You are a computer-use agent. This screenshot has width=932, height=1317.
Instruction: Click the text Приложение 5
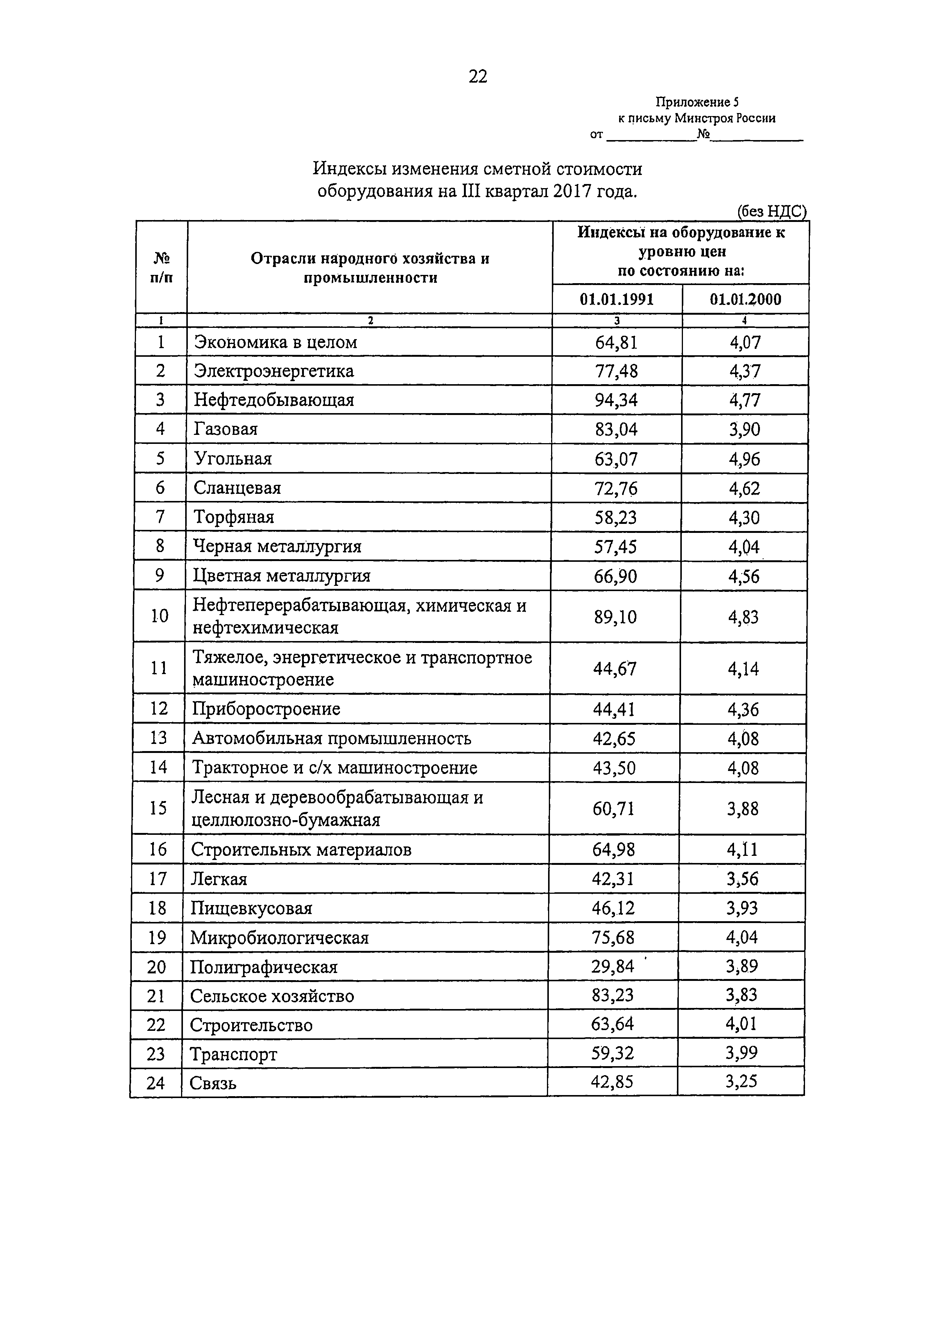tap(697, 102)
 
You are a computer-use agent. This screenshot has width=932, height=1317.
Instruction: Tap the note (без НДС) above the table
tap(771, 212)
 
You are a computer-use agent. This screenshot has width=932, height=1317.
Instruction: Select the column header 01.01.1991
tap(616, 299)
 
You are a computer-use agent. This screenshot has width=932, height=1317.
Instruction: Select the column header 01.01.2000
tap(745, 299)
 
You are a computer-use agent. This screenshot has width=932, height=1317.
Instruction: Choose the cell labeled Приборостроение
tap(266, 709)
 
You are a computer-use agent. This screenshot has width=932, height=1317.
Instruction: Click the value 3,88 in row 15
tap(743, 809)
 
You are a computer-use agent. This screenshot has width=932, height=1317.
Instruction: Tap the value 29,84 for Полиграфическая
tap(612, 967)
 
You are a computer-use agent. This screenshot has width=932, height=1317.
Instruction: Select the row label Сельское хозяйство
tap(272, 996)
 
